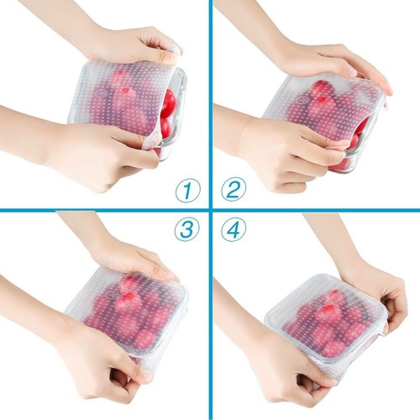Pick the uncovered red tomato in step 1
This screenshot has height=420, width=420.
coord(169,103)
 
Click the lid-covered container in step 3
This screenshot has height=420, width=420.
coord(134,311)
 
